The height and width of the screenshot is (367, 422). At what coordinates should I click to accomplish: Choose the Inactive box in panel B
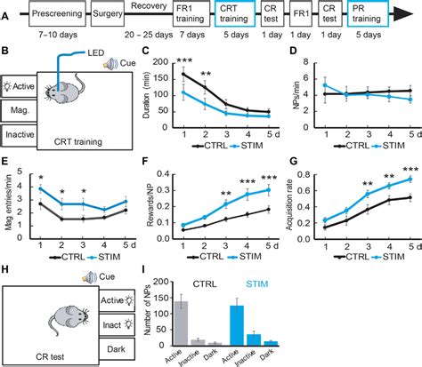[20, 135]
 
